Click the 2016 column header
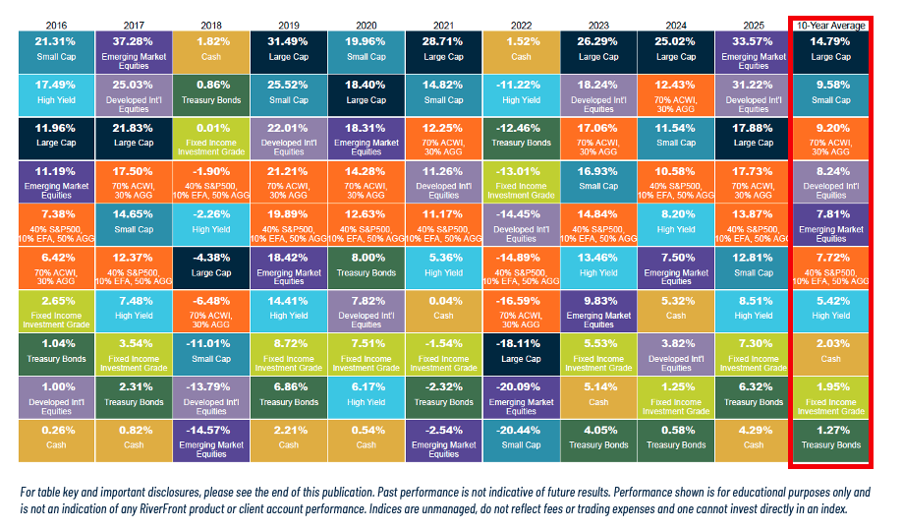(56, 26)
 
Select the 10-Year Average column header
(830, 26)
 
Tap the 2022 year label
(521, 26)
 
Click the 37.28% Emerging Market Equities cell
(134, 52)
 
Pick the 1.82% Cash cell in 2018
(211, 52)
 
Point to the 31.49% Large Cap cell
(289, 52)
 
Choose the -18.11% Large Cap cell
(521, 354)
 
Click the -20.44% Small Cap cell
(521, 441)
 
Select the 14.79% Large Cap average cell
(830, 52)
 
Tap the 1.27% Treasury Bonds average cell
(830, 441)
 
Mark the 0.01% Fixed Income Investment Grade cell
(211, 139)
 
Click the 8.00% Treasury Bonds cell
(366, 267)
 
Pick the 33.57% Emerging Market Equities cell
(754, 52)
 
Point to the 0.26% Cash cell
(56, 441)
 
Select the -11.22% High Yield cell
(521, 95)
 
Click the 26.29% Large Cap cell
(598, 52)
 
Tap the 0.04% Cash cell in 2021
(443, 311)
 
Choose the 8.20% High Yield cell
(675, 224)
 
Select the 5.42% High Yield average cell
(830, 311)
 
